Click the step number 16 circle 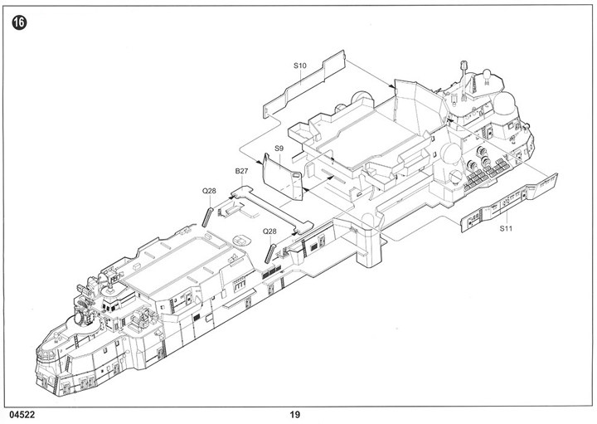(x=19, y=23)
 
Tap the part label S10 (x=300, y=66)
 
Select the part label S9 (x=279, y=149)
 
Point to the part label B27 (x=241, y=171)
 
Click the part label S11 (x=506, y=228)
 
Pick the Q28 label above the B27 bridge (x=209, y=191)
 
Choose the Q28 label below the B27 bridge (x=269, y=231)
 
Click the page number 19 (x=294, y=415)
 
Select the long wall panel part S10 (x=304, y=85)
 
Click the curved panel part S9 (x=282, y=177)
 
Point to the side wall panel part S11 (x=508, y=202)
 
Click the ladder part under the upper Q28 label (x=207, y=217)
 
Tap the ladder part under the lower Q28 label (x=270, y=253)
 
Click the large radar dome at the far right (x=506, y=104)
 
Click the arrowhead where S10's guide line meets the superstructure (x=392, y=87)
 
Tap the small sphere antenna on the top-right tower (x=487, y=74)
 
